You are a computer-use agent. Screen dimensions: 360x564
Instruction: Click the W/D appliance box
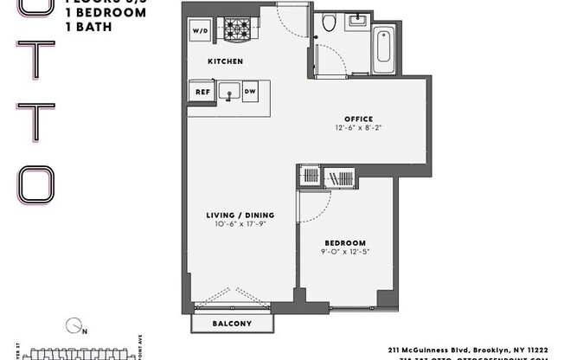point(198,31)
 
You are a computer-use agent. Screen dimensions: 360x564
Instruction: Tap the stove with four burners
point(236,30)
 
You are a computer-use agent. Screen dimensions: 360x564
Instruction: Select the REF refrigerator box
point(202,91)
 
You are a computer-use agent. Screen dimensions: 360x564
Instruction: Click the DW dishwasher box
point(250,91)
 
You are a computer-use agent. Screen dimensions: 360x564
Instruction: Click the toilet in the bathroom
point(329,23)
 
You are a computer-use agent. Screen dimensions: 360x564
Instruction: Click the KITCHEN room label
point(225,61)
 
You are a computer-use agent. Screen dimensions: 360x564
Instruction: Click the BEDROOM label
point(344,242)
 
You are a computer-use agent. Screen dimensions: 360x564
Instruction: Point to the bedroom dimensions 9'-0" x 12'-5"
point(344,252)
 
